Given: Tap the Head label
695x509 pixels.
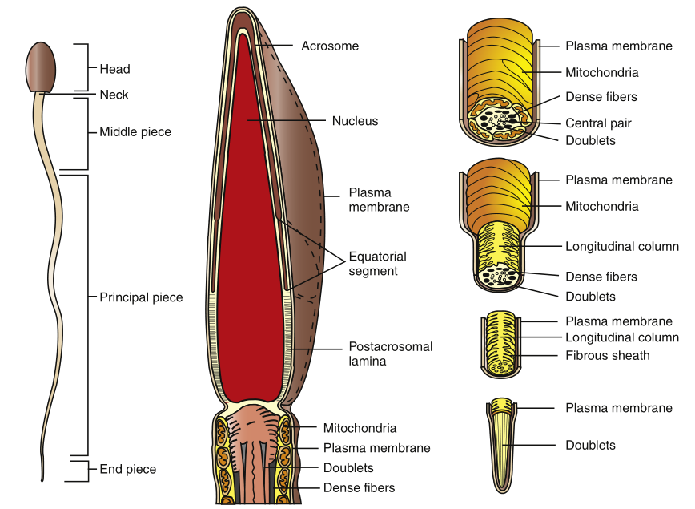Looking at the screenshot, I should (114, 69).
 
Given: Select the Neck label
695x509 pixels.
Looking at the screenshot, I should (114, 95).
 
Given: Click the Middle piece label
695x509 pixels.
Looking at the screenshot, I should (135, 131).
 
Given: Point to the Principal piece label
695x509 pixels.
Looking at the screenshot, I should (141, 297).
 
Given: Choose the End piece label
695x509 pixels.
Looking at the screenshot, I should (127, 469).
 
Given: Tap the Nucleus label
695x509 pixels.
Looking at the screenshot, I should (355, 121).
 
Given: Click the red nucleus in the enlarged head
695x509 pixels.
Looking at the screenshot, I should (248, 240).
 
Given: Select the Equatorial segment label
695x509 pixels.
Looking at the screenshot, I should (377, 264).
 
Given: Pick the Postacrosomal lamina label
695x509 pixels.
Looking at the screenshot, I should (390, 353).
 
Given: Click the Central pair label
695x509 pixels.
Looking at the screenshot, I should (598, 123).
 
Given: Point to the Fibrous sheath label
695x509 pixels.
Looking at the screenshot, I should (607, 354).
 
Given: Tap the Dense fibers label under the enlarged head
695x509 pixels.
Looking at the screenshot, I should (359, 487).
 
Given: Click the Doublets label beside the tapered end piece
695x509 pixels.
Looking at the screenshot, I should (590, 445).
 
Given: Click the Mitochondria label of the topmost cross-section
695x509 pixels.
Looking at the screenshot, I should (601, 72).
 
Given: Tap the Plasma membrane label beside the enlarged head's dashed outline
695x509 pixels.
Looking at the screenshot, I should (379, 200).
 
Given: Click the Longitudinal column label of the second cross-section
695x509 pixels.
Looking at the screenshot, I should (621, 247).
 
